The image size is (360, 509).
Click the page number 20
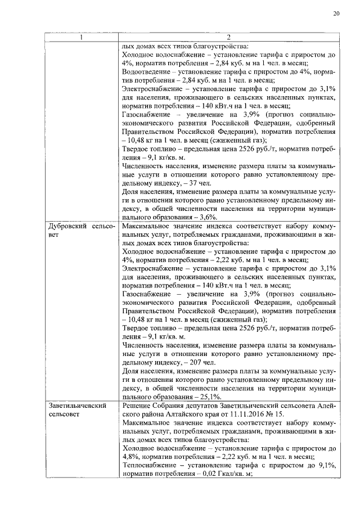pyautogui.click(x=336, y=13)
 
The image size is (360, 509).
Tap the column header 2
pyautogui.click(x=229, y=38)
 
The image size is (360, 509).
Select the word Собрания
pyautogui.click(x=169, y=406)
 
